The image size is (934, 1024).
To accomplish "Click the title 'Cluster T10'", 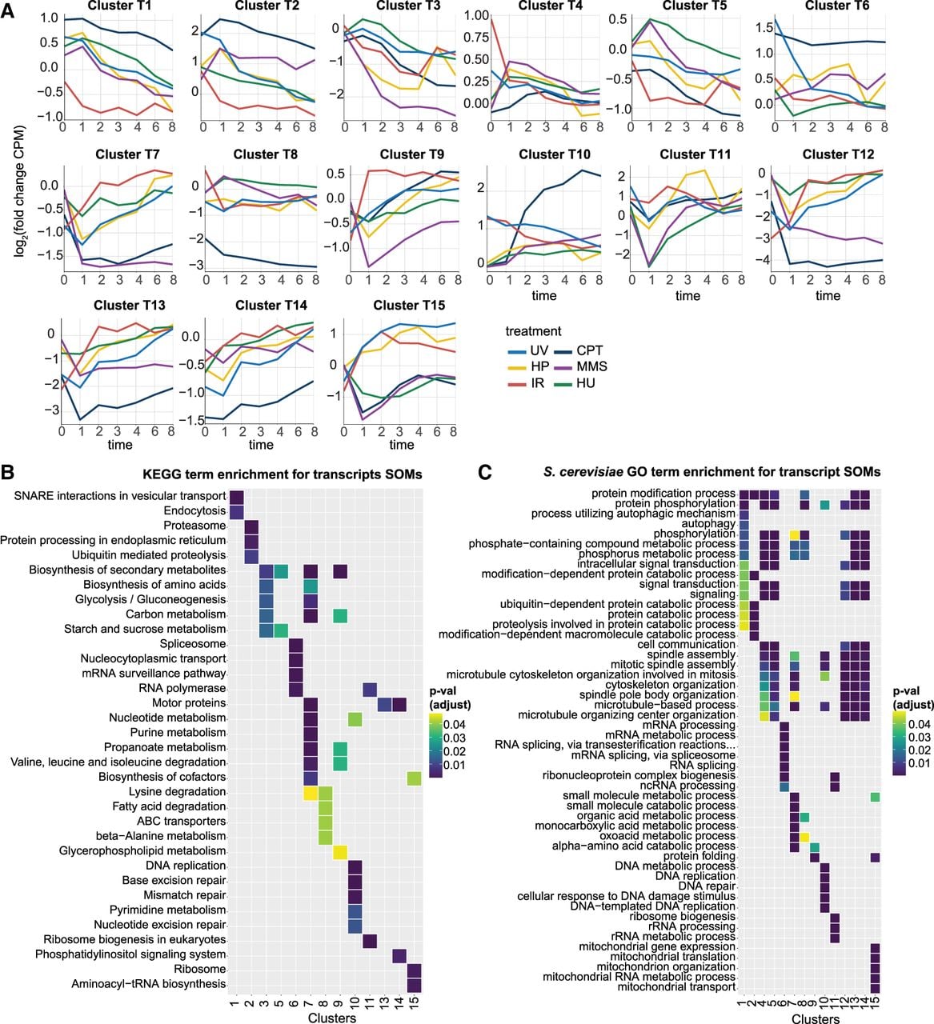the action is point(554,154).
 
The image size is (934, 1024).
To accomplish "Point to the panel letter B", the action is point(8,472).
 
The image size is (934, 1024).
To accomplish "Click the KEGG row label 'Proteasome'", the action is point(194,526).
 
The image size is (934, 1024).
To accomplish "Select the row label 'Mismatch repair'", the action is point(184,895).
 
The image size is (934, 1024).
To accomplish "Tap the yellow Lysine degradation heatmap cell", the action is point(310,792).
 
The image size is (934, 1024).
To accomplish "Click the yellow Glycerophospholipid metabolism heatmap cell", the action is point(339,851).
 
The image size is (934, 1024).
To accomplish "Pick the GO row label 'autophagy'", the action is point(708,523).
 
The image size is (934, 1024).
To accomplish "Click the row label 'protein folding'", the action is point(699,856).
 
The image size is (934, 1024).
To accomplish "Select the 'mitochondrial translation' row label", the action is point(672,957).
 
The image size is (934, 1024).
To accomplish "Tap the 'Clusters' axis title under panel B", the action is point(332,1018).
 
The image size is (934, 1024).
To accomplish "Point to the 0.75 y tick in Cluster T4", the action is point(476,38).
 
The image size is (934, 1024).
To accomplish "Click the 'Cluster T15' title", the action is point(409,306).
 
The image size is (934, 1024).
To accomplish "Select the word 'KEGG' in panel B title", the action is point(160,474).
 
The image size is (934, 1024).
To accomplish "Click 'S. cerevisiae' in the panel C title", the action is point(583,472).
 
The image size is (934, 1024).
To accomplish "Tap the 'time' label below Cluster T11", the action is point(687,295).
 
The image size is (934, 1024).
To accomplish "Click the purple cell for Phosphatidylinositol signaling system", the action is point(399,954).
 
